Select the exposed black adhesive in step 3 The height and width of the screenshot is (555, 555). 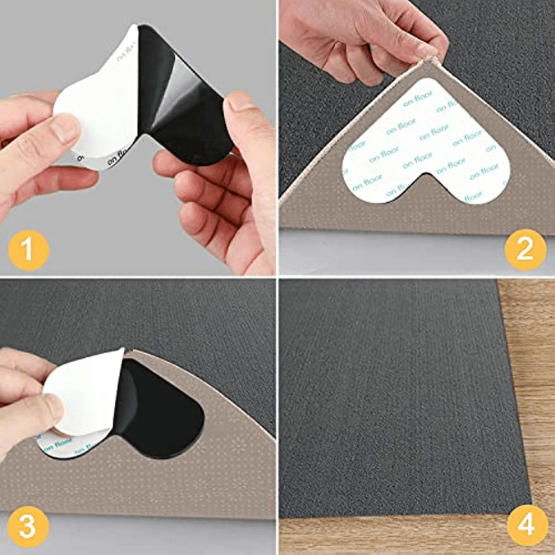click(x=161, y=411)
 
